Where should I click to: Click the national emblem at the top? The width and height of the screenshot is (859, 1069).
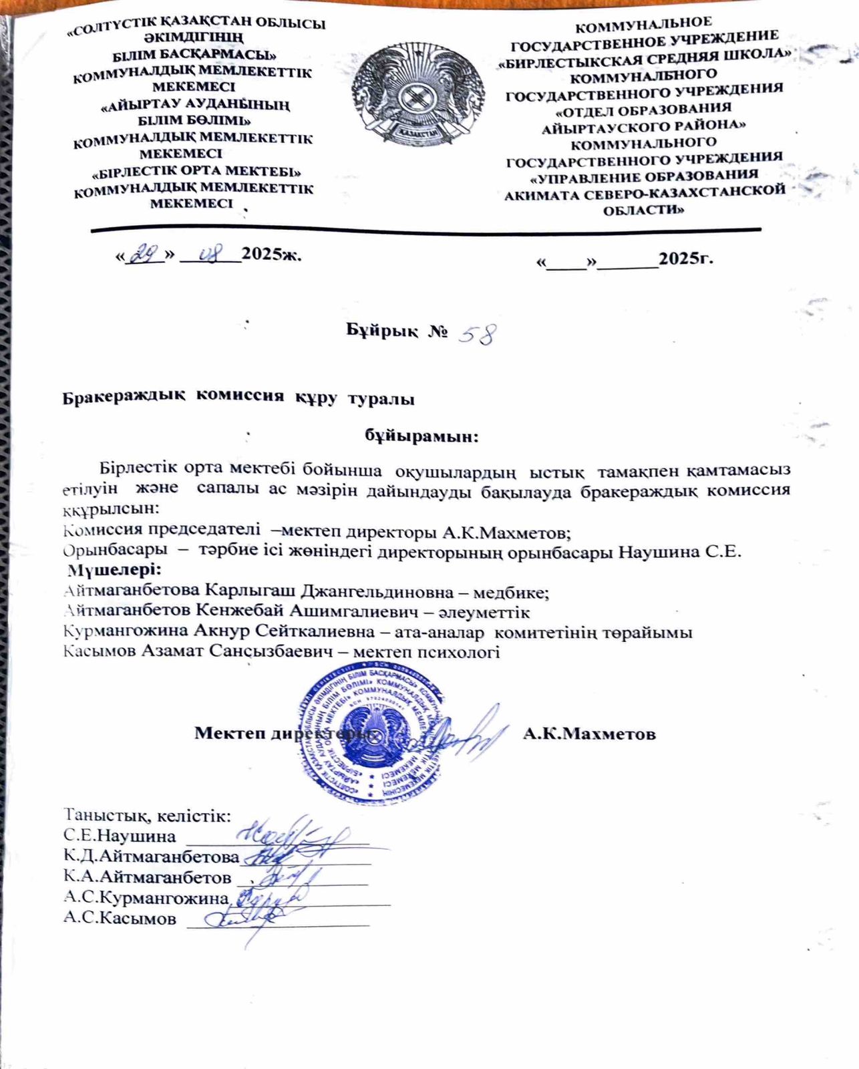click(x=419, y=94)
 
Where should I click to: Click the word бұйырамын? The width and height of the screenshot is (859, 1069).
click(x=421, y=436)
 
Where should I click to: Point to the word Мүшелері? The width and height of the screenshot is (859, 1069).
click(x=114, y=571)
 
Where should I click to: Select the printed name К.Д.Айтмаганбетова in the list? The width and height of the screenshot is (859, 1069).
click(x=151, y=857)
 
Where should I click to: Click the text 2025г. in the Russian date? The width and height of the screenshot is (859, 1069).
click(x=685, y=259)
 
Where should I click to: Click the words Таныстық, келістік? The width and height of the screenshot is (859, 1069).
click(x=147, y=816)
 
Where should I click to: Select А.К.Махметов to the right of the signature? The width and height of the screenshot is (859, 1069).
click(x=588, y=734)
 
